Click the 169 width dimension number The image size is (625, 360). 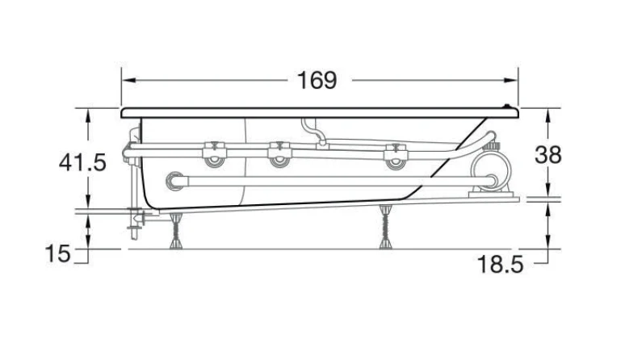(317, 81)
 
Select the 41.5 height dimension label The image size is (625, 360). (82, 162)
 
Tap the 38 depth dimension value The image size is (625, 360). (548, 155)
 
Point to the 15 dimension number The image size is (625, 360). (58, 253)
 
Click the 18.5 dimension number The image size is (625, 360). (500, 264)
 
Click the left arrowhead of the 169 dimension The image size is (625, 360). (128, 81)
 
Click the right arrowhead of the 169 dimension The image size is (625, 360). (510, 81)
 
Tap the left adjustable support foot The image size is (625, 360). (176, 231)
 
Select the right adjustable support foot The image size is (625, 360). (385, 227)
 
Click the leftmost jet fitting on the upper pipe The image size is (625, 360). (215, 155)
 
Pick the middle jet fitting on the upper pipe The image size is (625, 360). (279, 155)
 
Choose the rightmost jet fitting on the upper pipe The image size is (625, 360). (395, 156)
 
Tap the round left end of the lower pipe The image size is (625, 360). (174, 181)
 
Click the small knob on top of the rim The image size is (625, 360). (507, 106)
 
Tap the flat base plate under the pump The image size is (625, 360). (490, 194)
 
